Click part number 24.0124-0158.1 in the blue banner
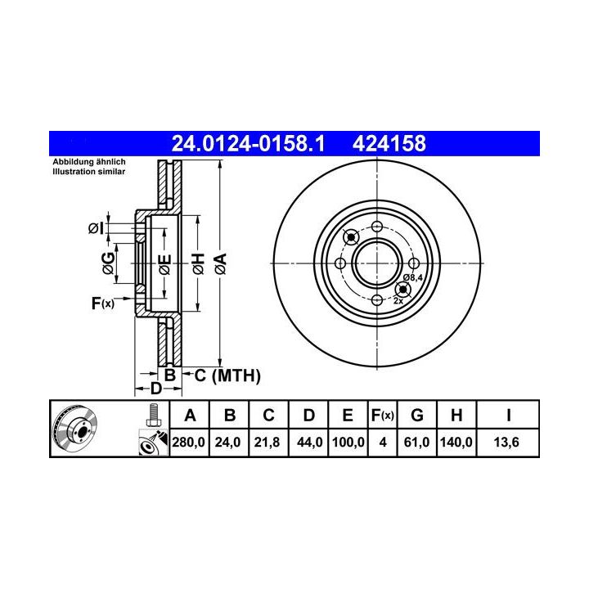pyautogui.click(x=248, y=143)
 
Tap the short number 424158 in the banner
pyautogui.click(x=389, y=143)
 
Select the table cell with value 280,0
pyautogui.click(x=189, y=442)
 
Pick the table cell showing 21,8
pyautogui.click(x=267, y=442)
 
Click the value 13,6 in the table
pyautogui.click(x=506, y=442)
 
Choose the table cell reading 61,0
pyautogui.click(x=416, y=442)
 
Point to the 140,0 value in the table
pyautogui.click(x=456, y=442)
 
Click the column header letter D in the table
pyautogui.click(x=308, y=416)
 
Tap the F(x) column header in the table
pyautogui.click(x=382, y=416)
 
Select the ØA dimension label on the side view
pyautogui.click(x=221, y=263)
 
